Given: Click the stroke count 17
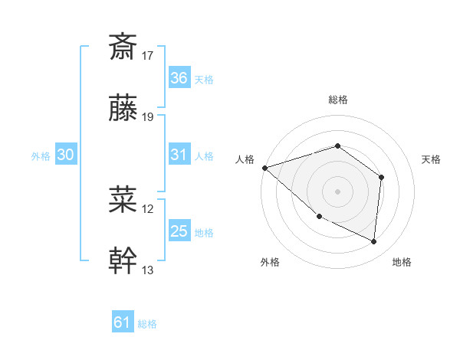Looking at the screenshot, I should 148,55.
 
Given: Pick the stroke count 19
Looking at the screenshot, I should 148,117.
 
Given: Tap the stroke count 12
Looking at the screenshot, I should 148,208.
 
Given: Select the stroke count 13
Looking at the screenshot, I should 148,270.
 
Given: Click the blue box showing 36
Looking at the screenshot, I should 179,78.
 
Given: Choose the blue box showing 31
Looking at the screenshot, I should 179,155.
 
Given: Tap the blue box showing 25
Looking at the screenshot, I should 179,231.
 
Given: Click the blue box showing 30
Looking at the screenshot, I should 66,155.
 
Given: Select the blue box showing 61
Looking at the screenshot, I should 123,322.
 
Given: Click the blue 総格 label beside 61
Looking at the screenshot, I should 147,324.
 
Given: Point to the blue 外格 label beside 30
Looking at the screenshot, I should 41,155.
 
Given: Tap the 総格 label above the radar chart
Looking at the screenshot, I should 337,100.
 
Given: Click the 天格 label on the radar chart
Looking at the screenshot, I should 432,159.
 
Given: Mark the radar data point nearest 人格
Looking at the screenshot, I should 264,167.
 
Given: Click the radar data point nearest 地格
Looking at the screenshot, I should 374,241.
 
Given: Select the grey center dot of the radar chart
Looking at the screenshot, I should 337,191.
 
